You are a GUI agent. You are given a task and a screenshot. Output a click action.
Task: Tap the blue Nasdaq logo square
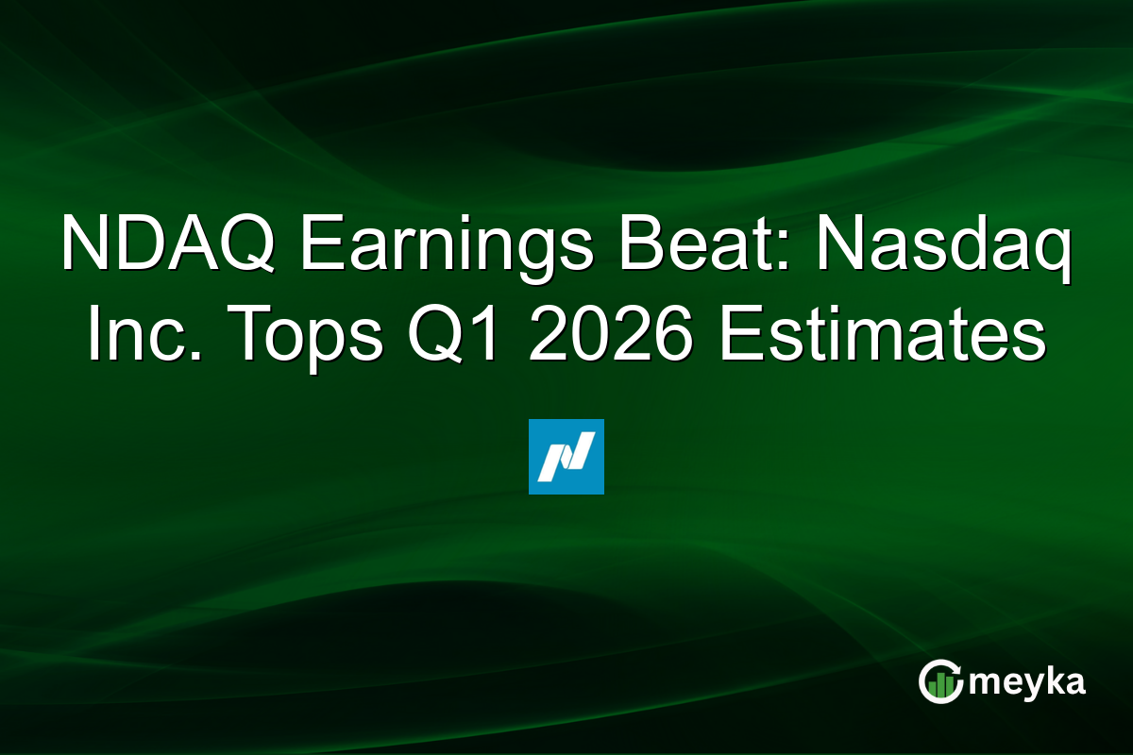tap(566, 457)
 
